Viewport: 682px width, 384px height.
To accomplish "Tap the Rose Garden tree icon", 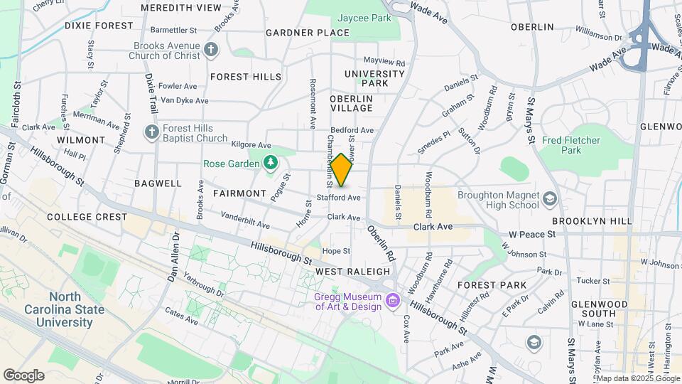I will point(270,164).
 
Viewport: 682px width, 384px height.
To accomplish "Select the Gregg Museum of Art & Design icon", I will point(391,302).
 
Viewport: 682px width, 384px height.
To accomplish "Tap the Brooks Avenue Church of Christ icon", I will point(210,49).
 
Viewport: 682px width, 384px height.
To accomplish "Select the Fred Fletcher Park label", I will point(570,145).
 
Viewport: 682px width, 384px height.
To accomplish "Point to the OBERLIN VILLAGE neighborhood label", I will point(351,103).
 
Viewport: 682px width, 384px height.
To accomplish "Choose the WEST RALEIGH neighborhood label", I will point(352,272).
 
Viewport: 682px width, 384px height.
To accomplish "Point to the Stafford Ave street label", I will point(339,197).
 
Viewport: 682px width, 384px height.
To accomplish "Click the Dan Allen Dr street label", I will point(173,257).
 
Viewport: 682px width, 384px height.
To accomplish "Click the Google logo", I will point(23,375).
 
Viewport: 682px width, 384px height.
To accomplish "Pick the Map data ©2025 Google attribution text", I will point(637,378).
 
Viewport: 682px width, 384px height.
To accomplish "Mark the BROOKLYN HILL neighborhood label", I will point(591,221).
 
